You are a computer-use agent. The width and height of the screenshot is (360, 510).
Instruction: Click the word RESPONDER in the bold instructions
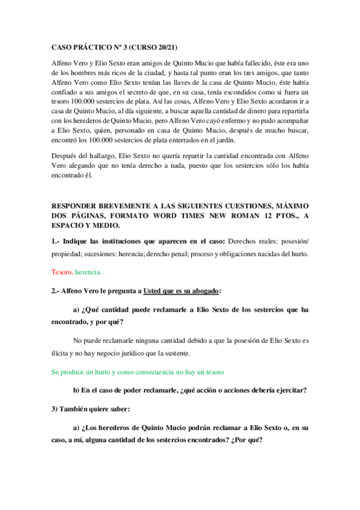[x=75, y=206]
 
